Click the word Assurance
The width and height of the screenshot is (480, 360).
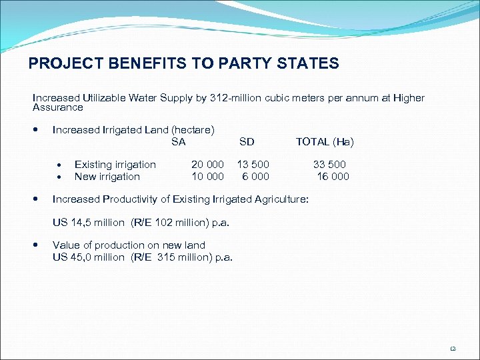point(58,107)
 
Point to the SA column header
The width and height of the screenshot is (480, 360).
point(178,141)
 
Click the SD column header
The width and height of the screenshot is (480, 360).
point(247,141)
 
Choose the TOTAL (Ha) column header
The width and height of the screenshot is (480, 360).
point(325,141)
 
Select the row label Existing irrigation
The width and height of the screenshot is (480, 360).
point(115,165)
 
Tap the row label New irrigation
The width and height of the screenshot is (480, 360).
point(107,177)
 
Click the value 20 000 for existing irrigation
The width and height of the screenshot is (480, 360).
point(207,165)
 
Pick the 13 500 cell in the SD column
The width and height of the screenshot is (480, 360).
point(253,165)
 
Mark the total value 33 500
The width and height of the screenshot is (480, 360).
point(329,165)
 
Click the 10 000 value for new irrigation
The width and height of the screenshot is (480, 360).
point(207,177)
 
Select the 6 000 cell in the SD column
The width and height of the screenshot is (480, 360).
point(255,177)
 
